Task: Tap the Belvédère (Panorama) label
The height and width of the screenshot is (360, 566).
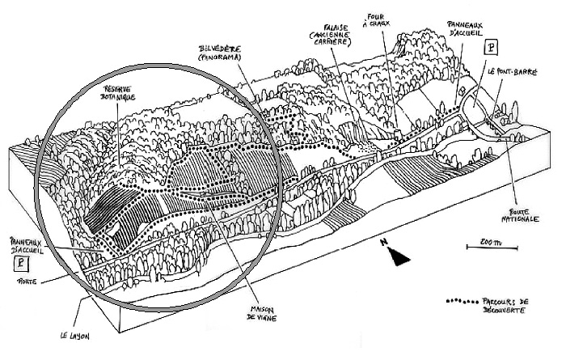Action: (x=222, y=54)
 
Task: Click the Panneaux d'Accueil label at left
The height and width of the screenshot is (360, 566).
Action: (x=21, y=245)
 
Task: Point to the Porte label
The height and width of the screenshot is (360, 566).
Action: (x=15, y=282)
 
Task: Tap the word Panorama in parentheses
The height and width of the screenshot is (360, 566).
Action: (x=222, y=59)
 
